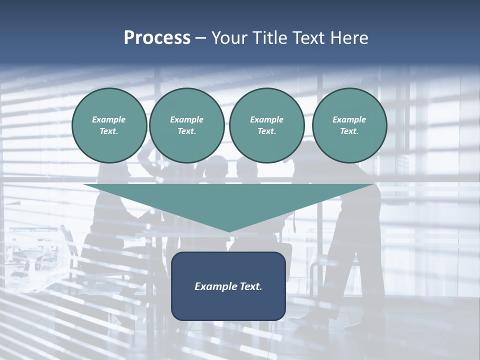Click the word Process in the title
[x=157, y=38]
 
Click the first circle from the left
[x=109, y=125]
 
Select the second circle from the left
[x=187, y=125]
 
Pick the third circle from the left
[x=267, y=125]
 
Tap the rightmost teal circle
[x=349, y=125]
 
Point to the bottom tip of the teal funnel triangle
[x=229, y=231]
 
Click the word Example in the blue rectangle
[x=214, y=286]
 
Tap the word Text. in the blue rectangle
[x=249, y=286]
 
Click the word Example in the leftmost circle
[x=109, y=119]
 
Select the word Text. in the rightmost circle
[x=349, y=131]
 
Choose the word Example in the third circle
[x=267, y=119]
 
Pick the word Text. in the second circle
[x=187, y=131]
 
